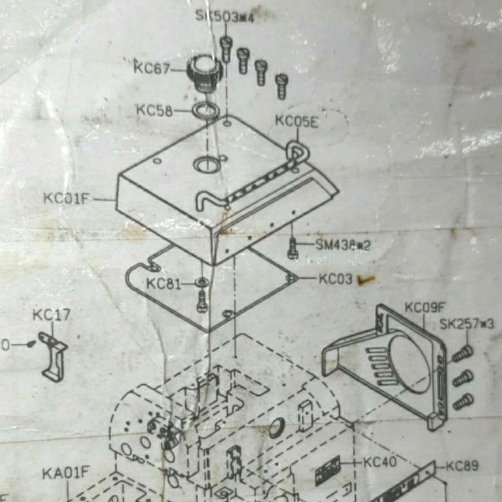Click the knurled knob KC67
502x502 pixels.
tap(205, 71)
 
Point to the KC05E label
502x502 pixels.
tap(296, 121)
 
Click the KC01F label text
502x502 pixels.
tap(66, 198)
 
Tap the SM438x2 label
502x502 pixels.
tap(342, 245)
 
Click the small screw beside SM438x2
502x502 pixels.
tap(293, 247)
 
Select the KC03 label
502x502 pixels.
tap(335, 279)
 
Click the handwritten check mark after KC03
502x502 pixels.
tap(367, 279)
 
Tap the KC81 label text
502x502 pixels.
tap(163, 283)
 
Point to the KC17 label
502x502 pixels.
tap(51, 315)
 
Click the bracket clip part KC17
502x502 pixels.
tap(53, 355)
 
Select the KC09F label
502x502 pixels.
tap(424, 308)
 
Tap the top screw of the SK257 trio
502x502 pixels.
tap(462, 353)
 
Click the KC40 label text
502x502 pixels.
tap(380, 461)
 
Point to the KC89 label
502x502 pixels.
tap(461, 465)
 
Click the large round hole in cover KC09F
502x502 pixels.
tap(409, 364)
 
